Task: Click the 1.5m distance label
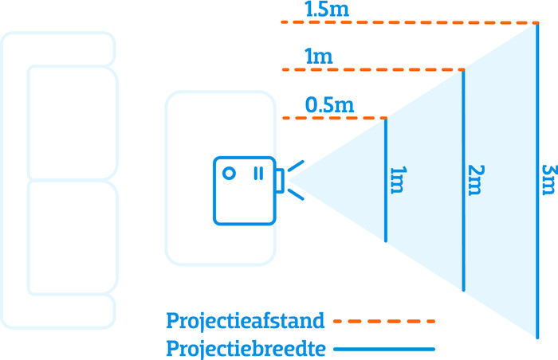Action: click(x=327, y=9)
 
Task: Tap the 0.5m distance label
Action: click(x=329, y=105)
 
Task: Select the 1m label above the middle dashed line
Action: click(x=319, y=57)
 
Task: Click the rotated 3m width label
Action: click(x=548, y=180)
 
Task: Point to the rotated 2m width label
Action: click(x=476, y=180)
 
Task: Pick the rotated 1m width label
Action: click(x=399, y=180)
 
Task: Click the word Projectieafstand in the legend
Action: click(x=246, y=321)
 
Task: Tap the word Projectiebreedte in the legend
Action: click(x=246, y=349)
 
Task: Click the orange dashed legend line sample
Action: click(x=384, y=321)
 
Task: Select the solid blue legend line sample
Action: click(x=384, y=349)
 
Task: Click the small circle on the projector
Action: click(x=229, y=174)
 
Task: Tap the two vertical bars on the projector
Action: click(x=259, y=174)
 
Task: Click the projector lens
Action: click(x=280, y=181)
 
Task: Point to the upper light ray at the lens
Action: click(x=296, y=166)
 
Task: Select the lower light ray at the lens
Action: click(x=296, y=194)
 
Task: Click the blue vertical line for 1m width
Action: click(x=386, y=180)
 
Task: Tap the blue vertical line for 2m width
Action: click(x=463, y=180)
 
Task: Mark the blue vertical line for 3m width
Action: click(x=537, y=181)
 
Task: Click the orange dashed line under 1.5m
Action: click(x=409, y=22)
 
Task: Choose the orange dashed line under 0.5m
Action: click(x=335, y=118)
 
